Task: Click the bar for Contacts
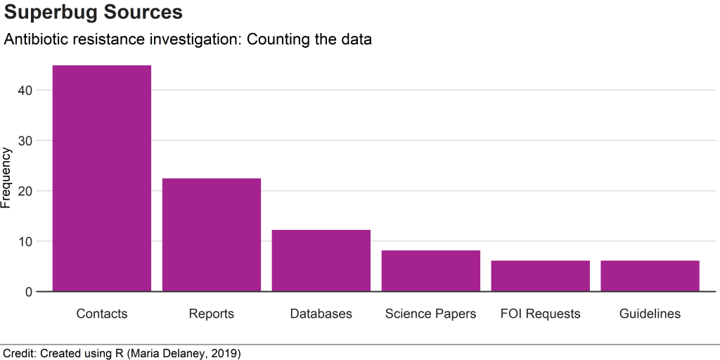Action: [102, 178]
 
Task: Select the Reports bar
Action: [212, 235]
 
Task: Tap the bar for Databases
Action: [321, 260]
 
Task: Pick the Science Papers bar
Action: [431, 271]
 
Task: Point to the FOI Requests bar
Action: [541, 276]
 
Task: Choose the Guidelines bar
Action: [650, 276]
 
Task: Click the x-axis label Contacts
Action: [102, 314]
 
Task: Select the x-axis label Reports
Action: [212, 314]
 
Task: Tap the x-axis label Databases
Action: [321, 314]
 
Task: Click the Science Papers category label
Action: [431, 314]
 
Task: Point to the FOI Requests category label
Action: [541, 314]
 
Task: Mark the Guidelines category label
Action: [650, 314]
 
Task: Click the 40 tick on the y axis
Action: [25, 90]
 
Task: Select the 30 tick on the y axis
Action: [25, 141]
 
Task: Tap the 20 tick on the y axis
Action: [25, 191]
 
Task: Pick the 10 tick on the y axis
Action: [25, 241]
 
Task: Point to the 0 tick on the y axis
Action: [29, 292]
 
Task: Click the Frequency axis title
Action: [7, 178]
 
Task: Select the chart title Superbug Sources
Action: [94, 13]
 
